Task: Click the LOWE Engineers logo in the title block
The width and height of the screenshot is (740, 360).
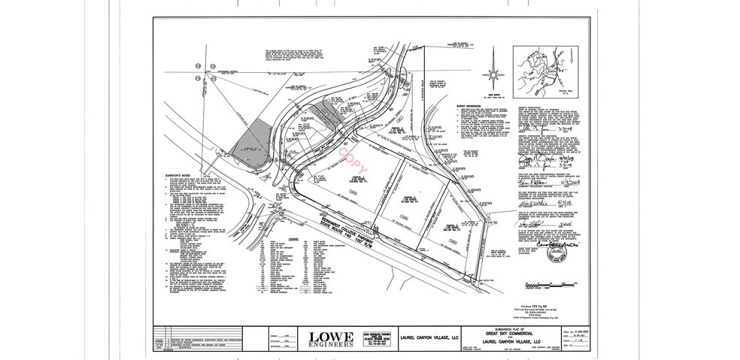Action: pos(329,339)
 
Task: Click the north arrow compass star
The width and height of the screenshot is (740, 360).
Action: pos(493,72)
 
